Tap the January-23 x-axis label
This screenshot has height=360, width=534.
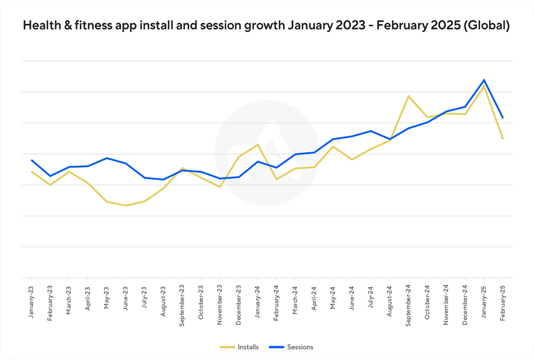click(x=31, y=295)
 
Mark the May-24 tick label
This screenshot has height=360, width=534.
click(x=333, y=296)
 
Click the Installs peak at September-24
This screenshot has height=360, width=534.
click(x=408, y=96)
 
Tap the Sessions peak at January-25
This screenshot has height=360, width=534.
click(x=484, y=80)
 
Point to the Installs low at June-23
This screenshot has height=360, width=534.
click(x=126, y=205)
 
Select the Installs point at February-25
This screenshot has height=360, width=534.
click(x=503, y=138)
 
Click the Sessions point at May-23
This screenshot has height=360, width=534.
click(x=107, y=158)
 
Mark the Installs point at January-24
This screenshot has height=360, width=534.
click(x=258, y=144)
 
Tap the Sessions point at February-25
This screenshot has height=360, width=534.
click(x=503, y=118)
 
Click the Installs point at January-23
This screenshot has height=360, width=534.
click(x=32, y=172)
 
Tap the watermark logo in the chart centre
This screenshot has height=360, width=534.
click(x=267, y=154)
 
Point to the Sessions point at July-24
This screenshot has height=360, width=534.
click(x=371, y=131)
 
